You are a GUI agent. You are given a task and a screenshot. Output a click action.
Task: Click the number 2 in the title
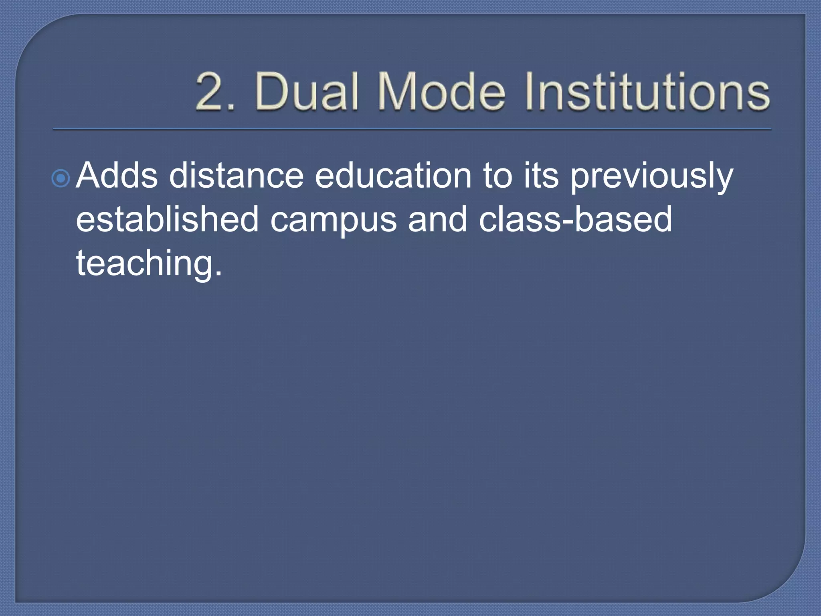pos(212,91)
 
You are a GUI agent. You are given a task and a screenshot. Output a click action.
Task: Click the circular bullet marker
pos(61,178)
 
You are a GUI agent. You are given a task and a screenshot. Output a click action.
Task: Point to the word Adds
pos(117,176)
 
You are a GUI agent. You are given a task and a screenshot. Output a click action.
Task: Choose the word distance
pos(236,176)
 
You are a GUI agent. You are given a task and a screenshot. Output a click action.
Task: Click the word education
pos(393,176)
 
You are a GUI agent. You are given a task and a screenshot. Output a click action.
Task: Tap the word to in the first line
pos(497,176)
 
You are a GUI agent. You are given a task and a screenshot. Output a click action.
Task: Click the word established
pos(167,219)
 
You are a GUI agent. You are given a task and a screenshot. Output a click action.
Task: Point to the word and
pos(437,219)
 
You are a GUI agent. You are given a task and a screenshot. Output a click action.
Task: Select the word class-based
pos(575,219)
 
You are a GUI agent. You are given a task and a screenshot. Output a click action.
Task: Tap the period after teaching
pos(218,274)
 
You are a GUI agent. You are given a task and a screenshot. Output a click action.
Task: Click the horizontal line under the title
pos(412,130)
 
